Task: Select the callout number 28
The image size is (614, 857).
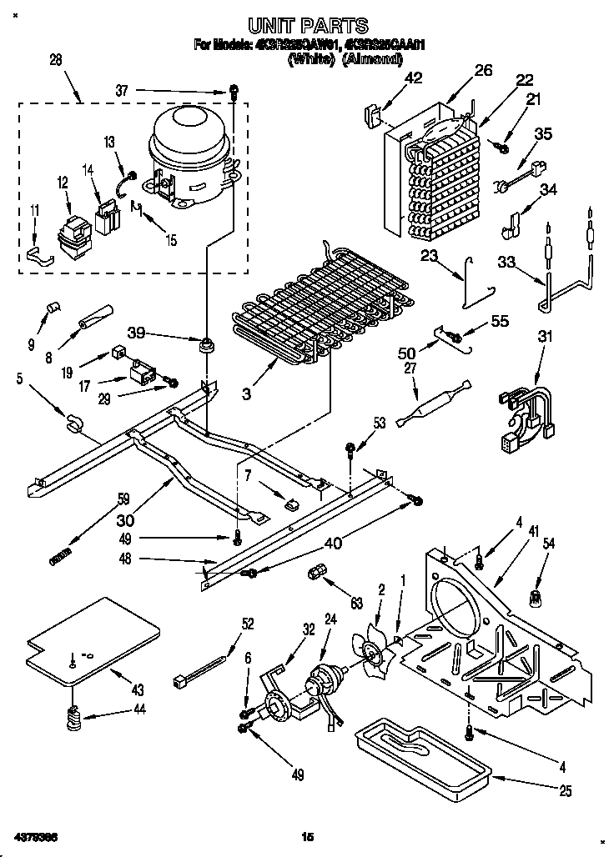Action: pos(56,59)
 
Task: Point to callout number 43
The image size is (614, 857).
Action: pos(137,689)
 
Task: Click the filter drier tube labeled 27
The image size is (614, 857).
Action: pos(434,403)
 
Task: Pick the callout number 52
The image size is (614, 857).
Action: pos(248,622)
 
